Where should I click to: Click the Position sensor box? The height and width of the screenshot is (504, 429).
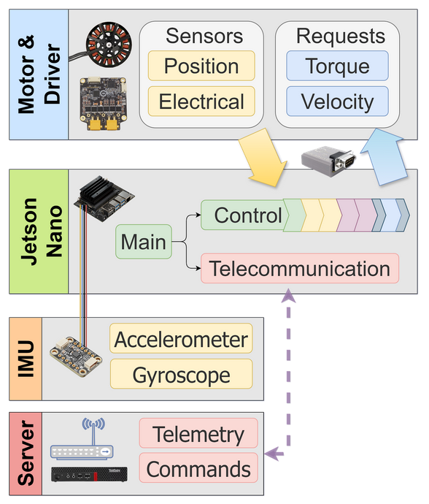pos(201,66)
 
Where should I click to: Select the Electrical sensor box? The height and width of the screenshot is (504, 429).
pos(201,102)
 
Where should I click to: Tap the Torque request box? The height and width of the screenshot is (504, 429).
pos(337,66)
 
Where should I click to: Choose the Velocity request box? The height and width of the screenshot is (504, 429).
pos(337,102)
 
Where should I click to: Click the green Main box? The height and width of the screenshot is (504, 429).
pos(144,242)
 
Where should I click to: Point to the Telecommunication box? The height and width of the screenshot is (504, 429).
pos(300,268)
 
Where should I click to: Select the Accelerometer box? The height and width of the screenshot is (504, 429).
pos(181,338)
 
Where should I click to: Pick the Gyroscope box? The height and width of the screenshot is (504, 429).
pos(181,374)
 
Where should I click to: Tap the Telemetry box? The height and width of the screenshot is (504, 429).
pos(198,433)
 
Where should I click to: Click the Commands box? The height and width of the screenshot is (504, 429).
pos(198,468)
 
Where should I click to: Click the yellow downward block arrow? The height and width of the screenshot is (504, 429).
pos(263,158)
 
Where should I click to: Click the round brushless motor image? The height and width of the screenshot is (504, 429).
pos(109,45)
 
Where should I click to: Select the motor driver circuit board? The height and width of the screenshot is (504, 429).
pos(103,104)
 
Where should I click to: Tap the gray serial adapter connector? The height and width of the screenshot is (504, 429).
pos(328,161)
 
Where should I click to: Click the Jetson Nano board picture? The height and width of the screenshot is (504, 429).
pos(104,199)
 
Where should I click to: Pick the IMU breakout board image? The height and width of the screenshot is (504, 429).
pos(76,356)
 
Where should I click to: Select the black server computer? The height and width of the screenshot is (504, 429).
pos(89,475)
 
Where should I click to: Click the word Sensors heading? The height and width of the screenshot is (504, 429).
pos(204,36)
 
